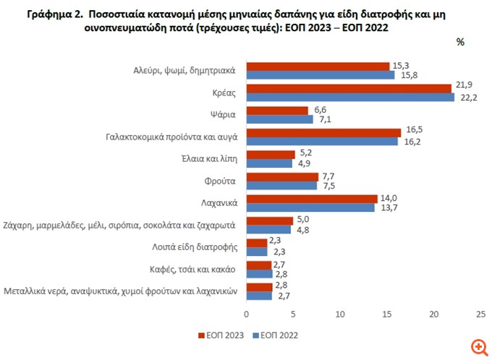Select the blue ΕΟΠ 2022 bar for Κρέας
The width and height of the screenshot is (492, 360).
pos(350,98)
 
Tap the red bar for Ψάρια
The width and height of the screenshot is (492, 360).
pos(277,110)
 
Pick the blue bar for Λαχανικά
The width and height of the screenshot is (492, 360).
pos(311,207)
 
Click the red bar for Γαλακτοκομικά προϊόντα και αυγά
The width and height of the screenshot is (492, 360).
pos(323,132)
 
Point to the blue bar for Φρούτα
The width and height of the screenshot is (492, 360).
pos(281,186)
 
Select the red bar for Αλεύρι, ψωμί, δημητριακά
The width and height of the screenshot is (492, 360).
pos(318,67)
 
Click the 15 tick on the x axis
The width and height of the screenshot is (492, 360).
pos(387,314)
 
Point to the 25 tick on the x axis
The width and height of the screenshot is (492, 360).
pos(480,314)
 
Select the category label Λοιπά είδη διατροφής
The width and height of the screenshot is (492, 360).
pos(196,247)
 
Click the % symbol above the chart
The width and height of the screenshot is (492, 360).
pos(459,42)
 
